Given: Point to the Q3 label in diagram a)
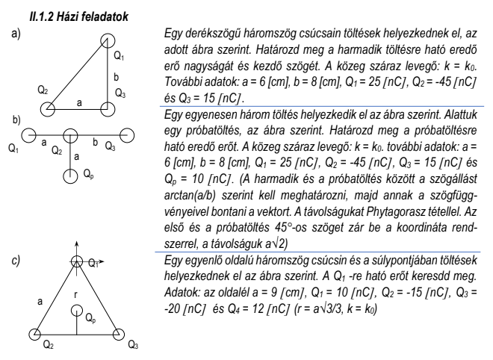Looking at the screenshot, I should coord(120,93).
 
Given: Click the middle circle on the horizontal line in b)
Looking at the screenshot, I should coord(70,135).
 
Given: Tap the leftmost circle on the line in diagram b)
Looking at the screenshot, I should coord(28,135).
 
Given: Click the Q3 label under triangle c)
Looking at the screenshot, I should coord(134,346).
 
